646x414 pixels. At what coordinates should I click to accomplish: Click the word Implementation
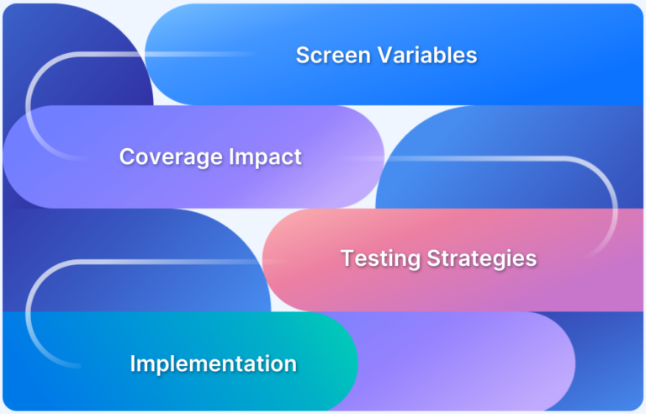point(213,364)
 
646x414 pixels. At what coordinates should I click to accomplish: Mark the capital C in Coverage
point(127,157)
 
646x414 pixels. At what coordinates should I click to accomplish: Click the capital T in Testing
point(346,257)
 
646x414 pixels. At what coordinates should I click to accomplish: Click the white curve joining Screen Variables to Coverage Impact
point(32,105)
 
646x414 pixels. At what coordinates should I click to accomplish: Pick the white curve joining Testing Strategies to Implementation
point(32,311)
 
